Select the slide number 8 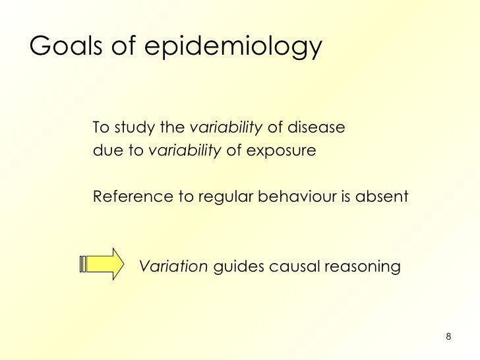coord(448,338)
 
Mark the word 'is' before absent coord(347,196)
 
